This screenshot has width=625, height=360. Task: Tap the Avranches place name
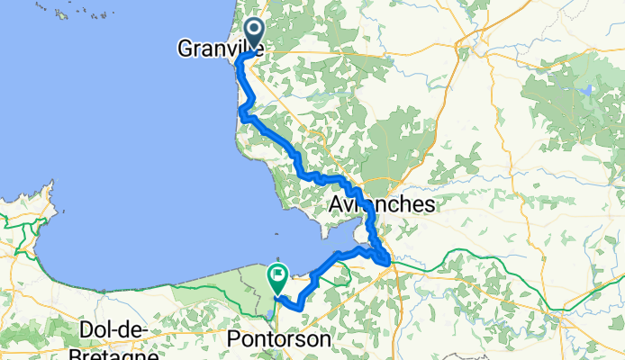pos(383,205)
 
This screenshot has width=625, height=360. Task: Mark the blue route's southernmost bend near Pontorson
pos(296,310)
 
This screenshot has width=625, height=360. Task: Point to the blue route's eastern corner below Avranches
pos(389,262)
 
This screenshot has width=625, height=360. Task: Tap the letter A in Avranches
pos(339,205)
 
